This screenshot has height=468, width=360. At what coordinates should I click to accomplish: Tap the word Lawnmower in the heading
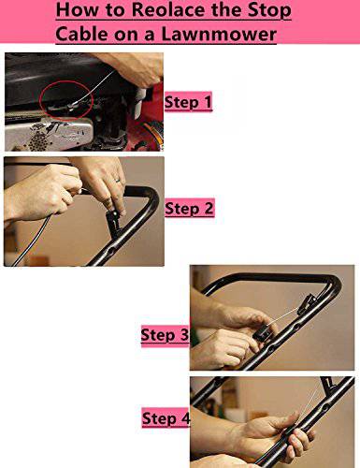point(219,34)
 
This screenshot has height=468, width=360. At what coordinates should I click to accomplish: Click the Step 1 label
point(188,102)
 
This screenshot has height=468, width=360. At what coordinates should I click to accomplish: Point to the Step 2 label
point(189,208)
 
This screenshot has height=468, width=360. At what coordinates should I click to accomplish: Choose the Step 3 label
point(165,335)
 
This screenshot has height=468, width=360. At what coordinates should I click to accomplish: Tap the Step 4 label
point(166,418)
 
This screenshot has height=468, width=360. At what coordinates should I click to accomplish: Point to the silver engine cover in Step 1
point(49,135)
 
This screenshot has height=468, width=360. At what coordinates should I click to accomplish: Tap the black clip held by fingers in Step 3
point(264,333)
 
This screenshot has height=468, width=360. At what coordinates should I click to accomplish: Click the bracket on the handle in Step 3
point(306,303)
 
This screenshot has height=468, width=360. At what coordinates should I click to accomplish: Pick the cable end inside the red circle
point(72,107)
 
